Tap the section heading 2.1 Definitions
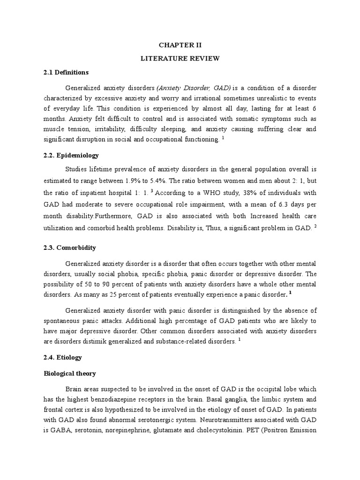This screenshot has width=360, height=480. [x=66, y=72]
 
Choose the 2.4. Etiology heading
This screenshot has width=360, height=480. [x=63, y=357]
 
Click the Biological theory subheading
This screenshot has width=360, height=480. [x=70, y=373]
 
